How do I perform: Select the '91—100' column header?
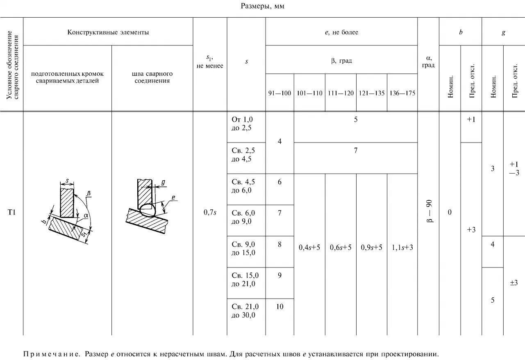click(280, 93)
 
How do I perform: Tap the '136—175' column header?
click(402, 93)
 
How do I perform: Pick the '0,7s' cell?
click(210, 213)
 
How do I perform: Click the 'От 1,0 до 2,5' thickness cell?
click(242, 123)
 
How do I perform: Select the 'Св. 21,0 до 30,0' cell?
click(245, 311)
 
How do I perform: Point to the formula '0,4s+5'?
click(309, 248)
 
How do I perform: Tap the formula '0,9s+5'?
click(371, 248)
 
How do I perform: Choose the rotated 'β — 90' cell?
click(428, 212)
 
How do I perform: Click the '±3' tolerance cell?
click(514, 283)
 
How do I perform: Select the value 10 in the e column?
click(280, 306)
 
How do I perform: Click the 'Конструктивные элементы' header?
click(108, 32)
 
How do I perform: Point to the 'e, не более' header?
click(341, 32)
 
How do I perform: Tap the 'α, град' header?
click(428, 62)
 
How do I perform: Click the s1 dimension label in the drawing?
click(84, 234)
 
